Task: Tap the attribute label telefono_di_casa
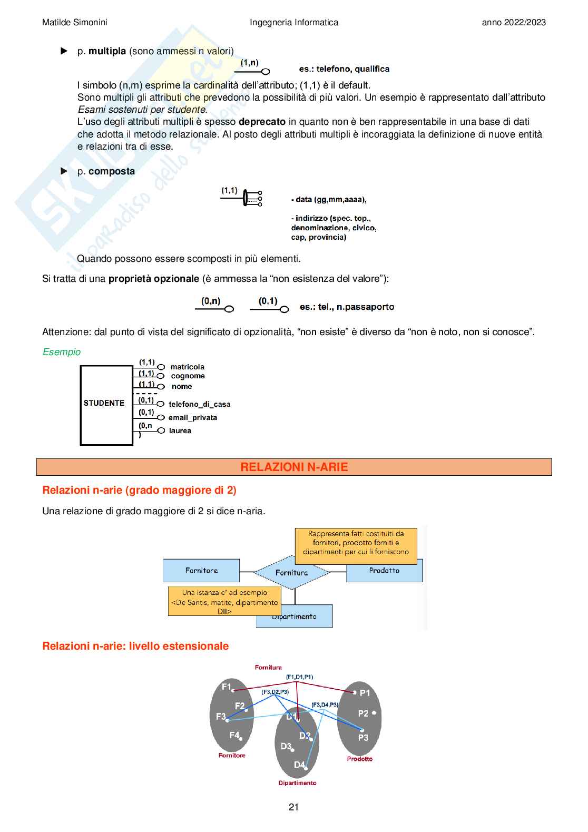(199, 404)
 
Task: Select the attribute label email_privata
(193, 417)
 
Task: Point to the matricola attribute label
(187, 367)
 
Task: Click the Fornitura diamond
(291, 572)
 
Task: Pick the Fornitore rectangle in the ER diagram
(201, 571)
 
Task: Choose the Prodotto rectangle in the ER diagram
(384, 571)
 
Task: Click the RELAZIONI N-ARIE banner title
(294, 467)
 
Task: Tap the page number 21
(294, 807)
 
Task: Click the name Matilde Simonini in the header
(75, 22)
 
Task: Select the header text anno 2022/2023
(514, 22)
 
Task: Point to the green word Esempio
(62, 352)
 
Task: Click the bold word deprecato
(262, 122)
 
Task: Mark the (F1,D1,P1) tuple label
(299, 677)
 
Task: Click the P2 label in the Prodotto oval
(364, 713)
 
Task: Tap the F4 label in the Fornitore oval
(234, 735)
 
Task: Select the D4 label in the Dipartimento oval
(299, 765)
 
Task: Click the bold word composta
(112, 171)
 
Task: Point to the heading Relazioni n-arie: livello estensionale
(135, 646)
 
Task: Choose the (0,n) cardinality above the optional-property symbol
(211, 301)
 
